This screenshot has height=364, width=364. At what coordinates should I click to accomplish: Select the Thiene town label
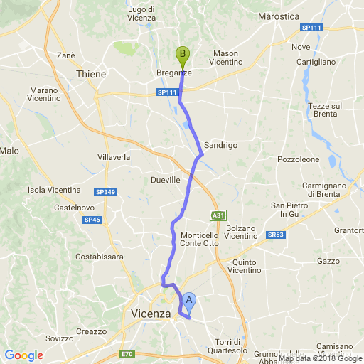pyautogui.click(x=91, y=74)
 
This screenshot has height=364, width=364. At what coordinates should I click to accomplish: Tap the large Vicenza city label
pyautogui.click(x=151, y=314)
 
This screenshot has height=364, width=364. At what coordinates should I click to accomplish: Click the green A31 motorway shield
pyautogui.click(x=218, y=215)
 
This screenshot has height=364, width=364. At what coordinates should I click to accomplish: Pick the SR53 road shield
pyautogui.click(x=276, y=234)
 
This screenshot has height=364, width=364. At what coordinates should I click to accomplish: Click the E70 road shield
pyautogui.click(x=127, y=354)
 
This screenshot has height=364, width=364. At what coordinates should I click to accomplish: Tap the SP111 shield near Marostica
pyautogui.click(x=311, y=27)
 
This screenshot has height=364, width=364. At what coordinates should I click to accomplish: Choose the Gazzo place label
pyautogui.click(x=329, y=262)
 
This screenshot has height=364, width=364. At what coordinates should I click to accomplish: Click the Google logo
pyautogui.click(x=23, y=355)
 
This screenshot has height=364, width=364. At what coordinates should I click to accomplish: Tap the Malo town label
pyautogui.click(x=9, y=151)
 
